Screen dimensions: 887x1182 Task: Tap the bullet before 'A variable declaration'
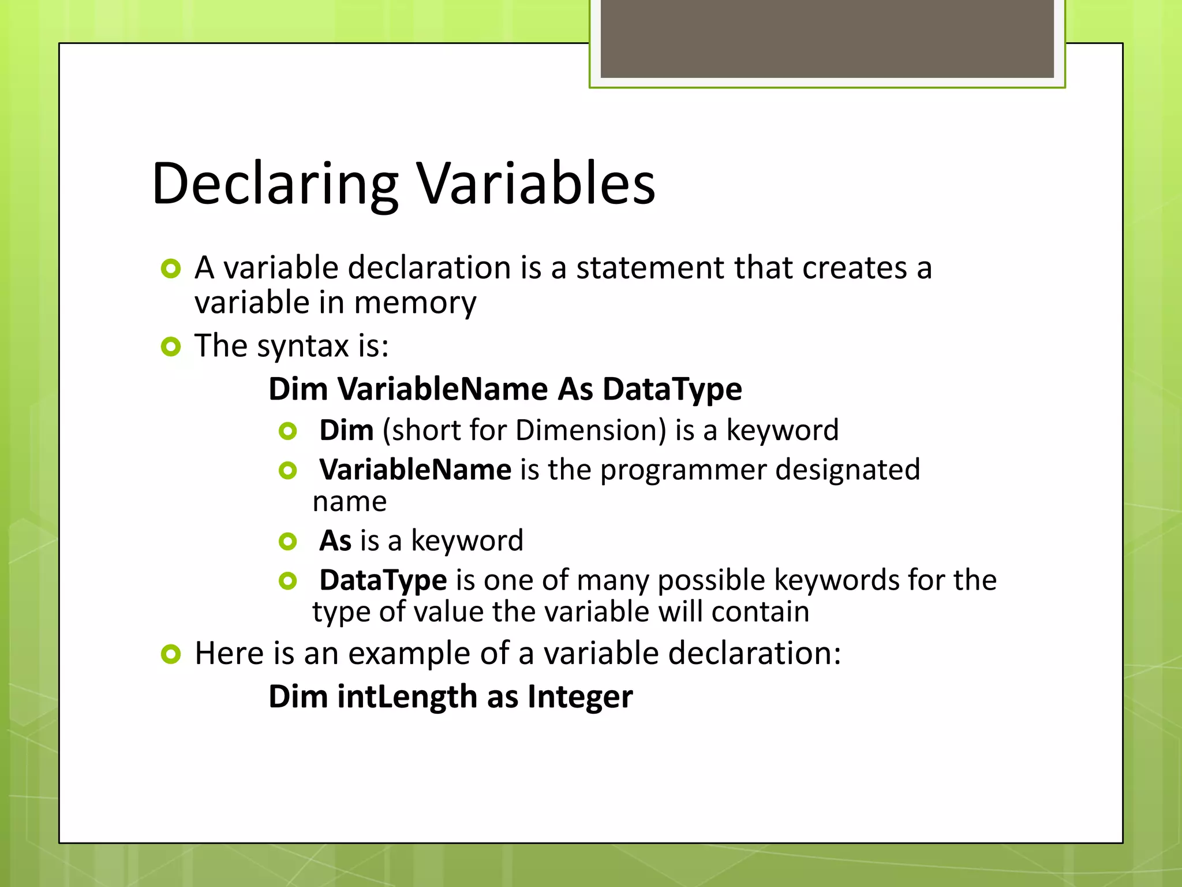pyautogui.click(x=171, y=269)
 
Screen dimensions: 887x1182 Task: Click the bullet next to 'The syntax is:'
pyautogui.click(x=171, y=346)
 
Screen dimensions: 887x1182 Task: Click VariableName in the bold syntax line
pyautogui.click(x=442, y=389)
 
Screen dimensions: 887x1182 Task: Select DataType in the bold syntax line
pyautogui.click(x=672, y=389)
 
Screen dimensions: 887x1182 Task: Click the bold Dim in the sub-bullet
pyautogui.click(x=346, y=430)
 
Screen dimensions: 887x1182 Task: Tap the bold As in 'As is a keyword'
pyautogui.click(x=335, y=541)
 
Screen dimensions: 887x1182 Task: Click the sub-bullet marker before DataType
pyautogui.click(x=287, y=581)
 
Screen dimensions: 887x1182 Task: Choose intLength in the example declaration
pyautogui.click(x=407, y=697)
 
